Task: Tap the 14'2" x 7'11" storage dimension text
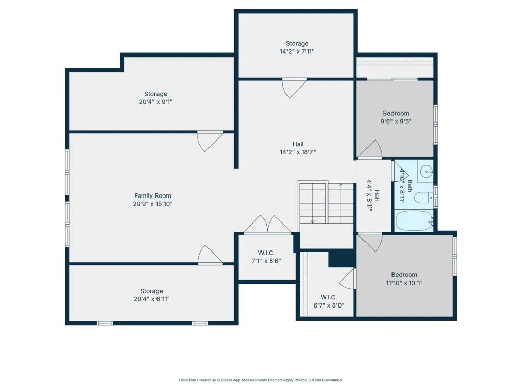click(x=297, y=51)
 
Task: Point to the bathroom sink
click(x=426, y=172)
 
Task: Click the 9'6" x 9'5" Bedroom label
click(x=396, y=118)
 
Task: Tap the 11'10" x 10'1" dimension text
click(x=404, y=283)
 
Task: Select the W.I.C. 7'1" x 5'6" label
click(x=266, y=257)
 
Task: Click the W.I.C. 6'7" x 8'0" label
click(x=329, y=301)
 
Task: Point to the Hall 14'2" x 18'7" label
click(x=298, y=148)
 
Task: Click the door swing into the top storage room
click(x=294, y=88)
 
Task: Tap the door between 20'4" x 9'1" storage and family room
click(x=210, y=141)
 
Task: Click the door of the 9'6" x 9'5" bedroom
click(x=370, y=149)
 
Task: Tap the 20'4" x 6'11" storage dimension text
click(x=151, y=299)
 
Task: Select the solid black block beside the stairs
click(x=341, y=258)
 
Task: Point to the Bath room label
click(x=410, y=186)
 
